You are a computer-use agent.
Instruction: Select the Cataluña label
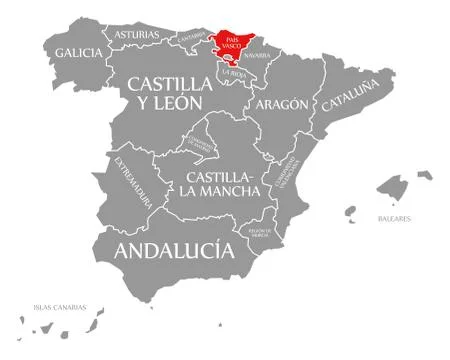point(348,91)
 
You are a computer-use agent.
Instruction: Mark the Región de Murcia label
point(259,236)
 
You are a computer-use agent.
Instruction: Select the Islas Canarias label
point(59,306)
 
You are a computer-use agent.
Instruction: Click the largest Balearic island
point(392,188)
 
